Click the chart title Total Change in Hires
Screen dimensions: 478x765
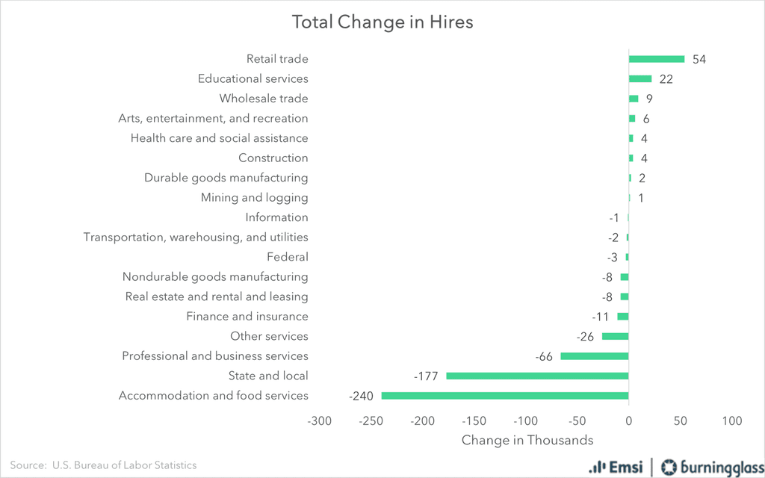382,22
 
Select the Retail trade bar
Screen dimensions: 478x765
656,59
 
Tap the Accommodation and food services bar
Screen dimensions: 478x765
504,396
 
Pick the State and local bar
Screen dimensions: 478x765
537,376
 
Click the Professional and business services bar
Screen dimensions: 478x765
595,356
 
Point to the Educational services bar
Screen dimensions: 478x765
640,79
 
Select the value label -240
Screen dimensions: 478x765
361,396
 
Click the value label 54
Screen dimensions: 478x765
699,60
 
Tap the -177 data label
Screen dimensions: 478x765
426,376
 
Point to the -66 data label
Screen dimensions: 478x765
544,356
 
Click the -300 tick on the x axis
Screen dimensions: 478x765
319,421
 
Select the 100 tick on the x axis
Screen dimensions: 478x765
732,421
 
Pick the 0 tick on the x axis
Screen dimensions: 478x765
629,421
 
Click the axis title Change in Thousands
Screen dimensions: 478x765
527,440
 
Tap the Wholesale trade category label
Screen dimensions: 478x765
264,99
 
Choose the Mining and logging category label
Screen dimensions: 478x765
254,198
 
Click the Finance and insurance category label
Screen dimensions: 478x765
247,317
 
